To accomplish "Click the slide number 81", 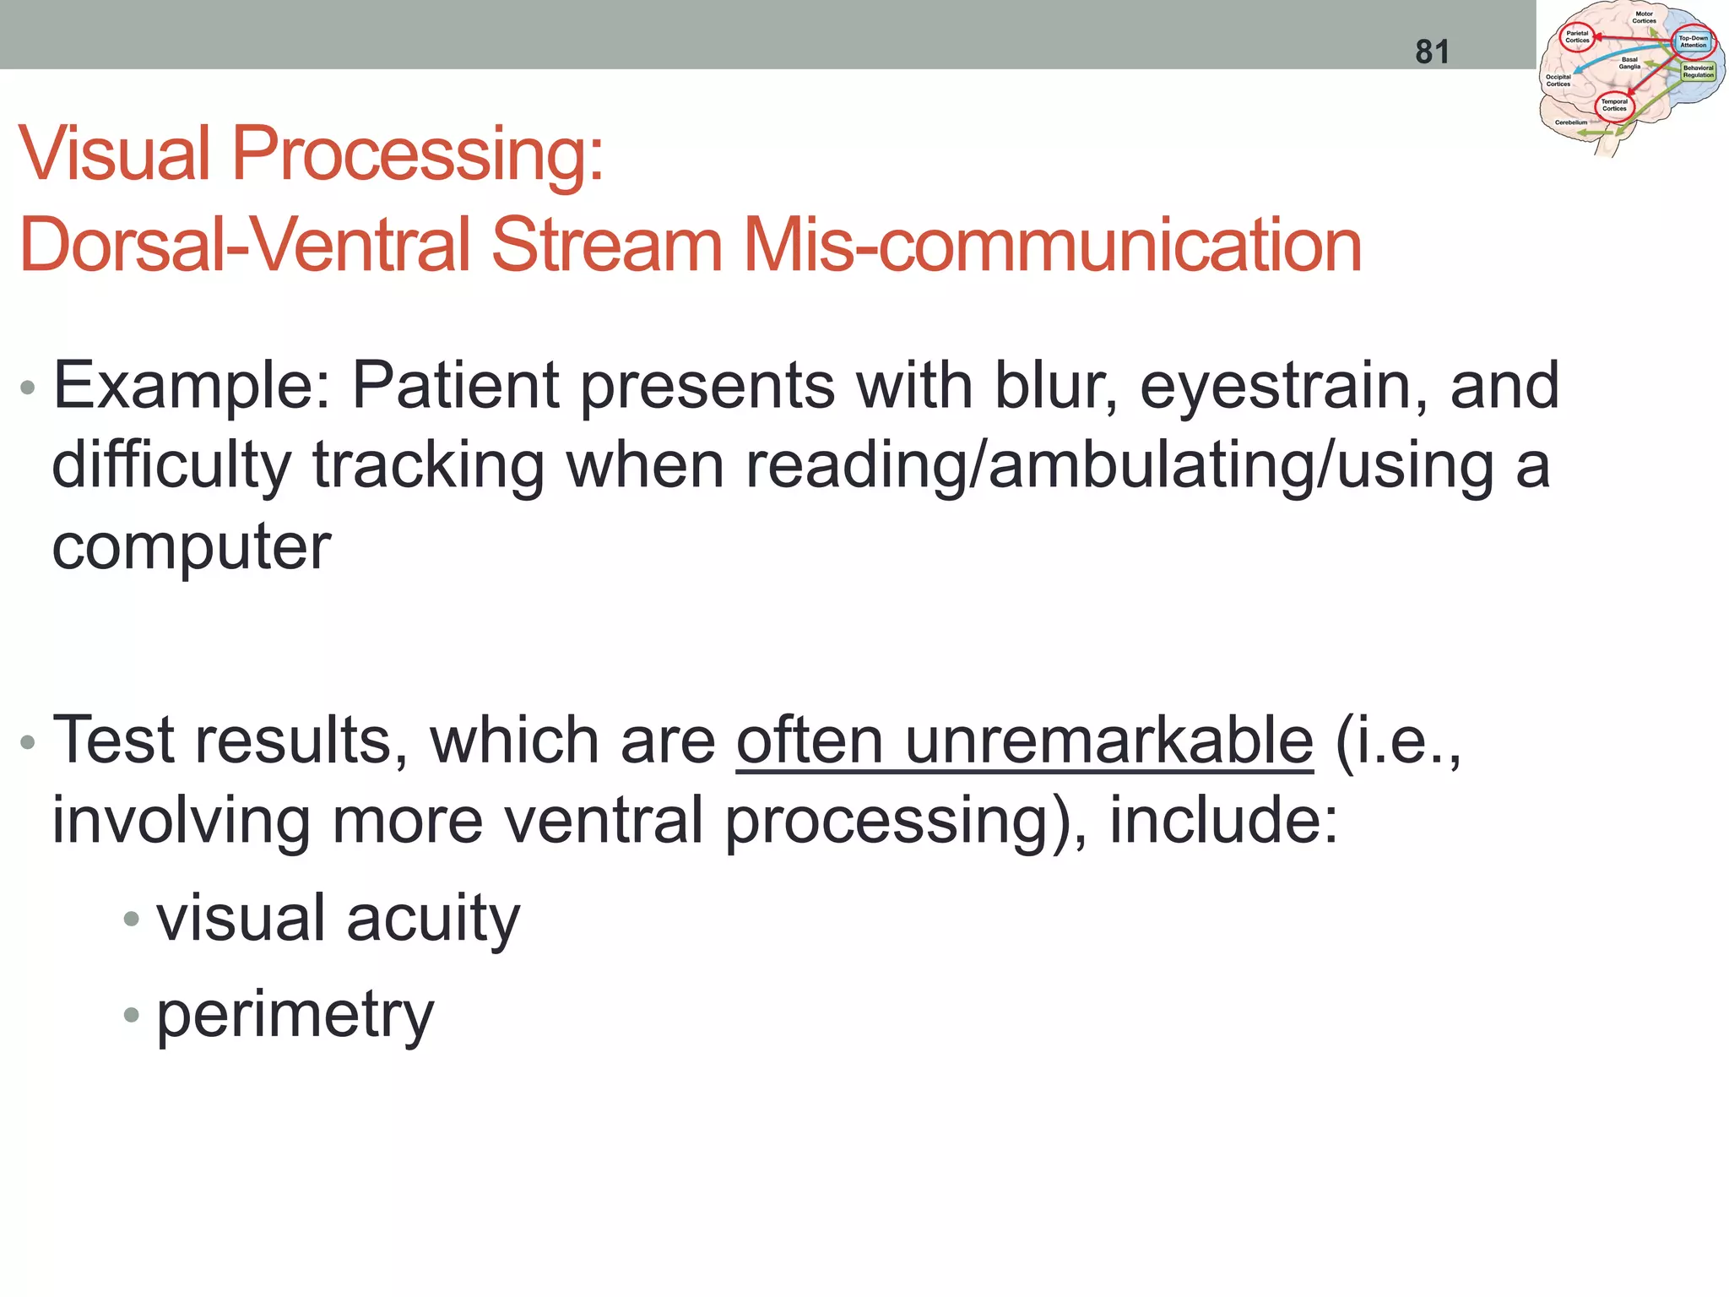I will [x=1432, y=52].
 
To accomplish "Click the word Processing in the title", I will [x=417, y=154].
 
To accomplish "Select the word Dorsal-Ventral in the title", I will [x=245, y=245].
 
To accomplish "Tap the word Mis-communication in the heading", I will [x=1052, y=245].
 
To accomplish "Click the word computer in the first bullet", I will [x=192, y=547].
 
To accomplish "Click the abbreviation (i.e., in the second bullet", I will [x=1397, y=741].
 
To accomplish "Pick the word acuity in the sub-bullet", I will [x=433, y=918].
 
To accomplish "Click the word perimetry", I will [x=295, y=1014].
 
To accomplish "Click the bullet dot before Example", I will [x=28, y=388].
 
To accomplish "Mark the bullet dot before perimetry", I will [x=130, y=1014].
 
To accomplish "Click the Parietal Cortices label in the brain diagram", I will [x=1577, y=37].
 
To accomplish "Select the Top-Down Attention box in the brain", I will [x=1693, y=41].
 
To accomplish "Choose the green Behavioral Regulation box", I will [x=1698, y=72].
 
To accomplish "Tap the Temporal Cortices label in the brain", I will [x=1614, y=105].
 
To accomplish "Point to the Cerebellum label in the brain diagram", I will [x=1571, y=122].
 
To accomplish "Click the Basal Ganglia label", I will [x=1629, y=63].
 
